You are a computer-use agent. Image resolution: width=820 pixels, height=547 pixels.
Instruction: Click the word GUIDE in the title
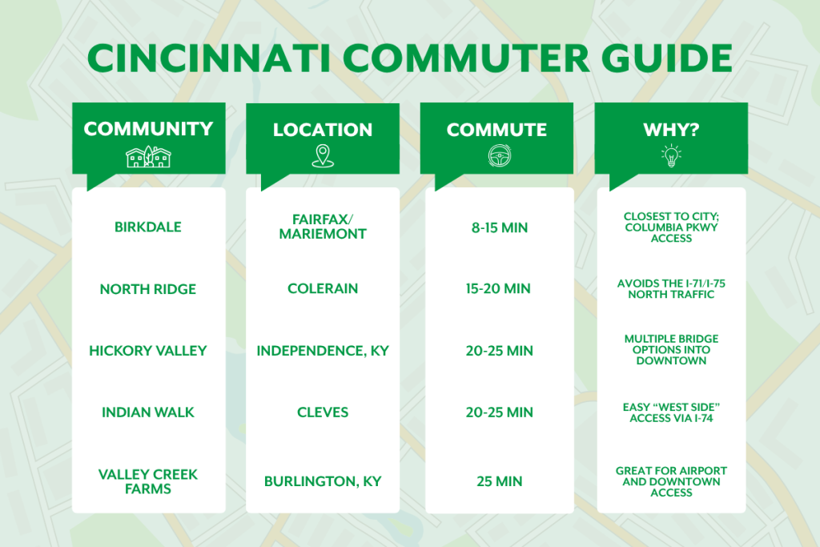667,58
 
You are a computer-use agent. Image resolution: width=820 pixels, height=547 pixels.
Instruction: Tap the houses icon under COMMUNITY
148,156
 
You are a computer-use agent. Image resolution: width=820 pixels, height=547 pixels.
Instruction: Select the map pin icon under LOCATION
323,156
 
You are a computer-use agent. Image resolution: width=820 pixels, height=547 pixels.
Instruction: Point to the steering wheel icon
500,156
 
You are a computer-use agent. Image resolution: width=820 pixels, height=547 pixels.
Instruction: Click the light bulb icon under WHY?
671,156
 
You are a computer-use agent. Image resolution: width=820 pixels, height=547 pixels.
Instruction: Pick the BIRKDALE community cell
148,227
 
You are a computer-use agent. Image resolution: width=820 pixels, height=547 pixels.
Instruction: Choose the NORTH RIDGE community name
148,289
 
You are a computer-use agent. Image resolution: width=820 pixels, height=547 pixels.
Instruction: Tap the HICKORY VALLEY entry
148,350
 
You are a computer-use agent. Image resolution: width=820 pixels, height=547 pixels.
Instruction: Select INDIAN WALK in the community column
148,412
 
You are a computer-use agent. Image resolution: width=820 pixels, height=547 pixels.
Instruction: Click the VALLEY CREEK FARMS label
148,481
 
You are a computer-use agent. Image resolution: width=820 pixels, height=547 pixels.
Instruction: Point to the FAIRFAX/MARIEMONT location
323,227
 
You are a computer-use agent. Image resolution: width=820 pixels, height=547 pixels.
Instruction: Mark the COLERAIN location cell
323,288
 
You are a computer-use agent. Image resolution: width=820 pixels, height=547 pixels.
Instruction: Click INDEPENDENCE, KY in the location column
323,350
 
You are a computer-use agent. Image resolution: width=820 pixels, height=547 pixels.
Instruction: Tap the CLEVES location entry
323,412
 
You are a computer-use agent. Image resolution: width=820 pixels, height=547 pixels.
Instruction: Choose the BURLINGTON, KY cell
323,481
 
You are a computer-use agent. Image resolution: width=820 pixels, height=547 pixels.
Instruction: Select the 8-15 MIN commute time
500,227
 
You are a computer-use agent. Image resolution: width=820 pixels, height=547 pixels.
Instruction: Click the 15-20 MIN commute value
498,288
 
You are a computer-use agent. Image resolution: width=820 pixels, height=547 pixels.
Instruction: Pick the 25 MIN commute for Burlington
500,481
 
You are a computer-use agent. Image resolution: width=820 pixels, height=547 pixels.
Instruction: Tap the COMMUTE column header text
496,130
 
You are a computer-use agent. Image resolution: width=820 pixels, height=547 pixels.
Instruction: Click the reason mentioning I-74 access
672,412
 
